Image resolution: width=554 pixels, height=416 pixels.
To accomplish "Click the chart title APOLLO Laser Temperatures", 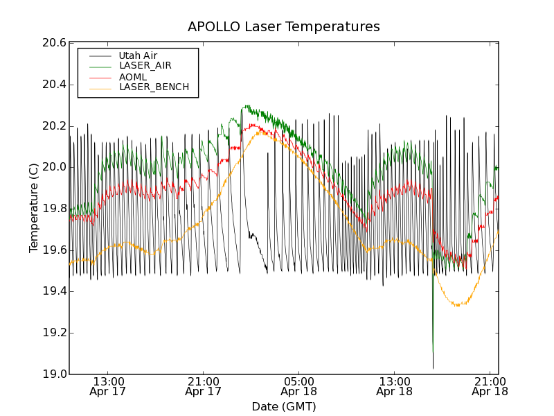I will point(283,27).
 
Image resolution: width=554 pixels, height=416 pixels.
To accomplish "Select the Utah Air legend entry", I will point(138,55).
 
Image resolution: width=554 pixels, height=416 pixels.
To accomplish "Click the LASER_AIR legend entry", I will point(145,66).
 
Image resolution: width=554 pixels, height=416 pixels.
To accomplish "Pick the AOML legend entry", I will point(133,76).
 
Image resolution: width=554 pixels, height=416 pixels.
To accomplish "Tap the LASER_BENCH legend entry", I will point(154,87).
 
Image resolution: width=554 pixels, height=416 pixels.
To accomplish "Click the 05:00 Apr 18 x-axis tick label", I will point(299,386).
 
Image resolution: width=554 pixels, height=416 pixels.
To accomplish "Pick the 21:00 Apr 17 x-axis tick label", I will point(204,386).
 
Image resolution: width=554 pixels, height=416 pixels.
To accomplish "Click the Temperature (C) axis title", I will point(34,208).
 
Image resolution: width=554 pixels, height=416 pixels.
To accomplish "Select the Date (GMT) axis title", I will point(283,406).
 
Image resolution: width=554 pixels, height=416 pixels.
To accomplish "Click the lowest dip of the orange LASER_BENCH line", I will point(456,305).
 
